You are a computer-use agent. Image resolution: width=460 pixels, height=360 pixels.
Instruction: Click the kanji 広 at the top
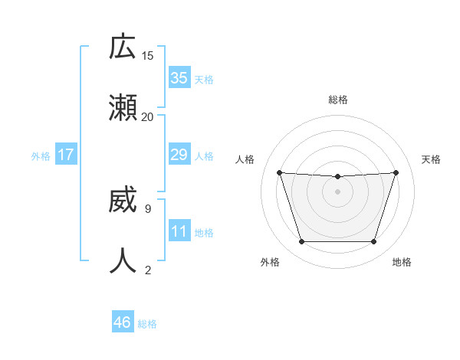(122, 47)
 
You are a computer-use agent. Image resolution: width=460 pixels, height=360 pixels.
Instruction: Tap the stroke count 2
(147, 270)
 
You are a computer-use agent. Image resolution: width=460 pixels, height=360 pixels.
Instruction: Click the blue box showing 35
(179, 77)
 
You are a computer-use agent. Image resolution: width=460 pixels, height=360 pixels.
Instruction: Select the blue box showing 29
(179, 155)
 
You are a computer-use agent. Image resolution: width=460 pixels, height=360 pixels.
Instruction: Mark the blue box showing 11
(179, 231)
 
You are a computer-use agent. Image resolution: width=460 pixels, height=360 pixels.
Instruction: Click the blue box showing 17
(66, 155)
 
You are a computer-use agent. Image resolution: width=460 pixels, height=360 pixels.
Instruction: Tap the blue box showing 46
(123, 322)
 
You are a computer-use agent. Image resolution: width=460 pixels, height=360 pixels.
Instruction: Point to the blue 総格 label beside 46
(147, 324)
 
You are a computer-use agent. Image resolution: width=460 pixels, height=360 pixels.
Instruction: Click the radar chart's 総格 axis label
(337, 100)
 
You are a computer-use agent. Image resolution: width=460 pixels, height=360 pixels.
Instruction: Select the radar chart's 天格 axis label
(431, 159)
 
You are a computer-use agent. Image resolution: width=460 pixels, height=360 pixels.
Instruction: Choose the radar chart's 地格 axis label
(402, 262)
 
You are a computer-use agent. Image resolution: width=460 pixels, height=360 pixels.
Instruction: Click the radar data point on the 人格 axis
(279, 172)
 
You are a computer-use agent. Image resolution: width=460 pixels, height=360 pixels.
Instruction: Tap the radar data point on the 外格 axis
(301, 242)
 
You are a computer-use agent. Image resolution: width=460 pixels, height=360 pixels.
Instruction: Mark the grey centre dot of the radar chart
(337, 191)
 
